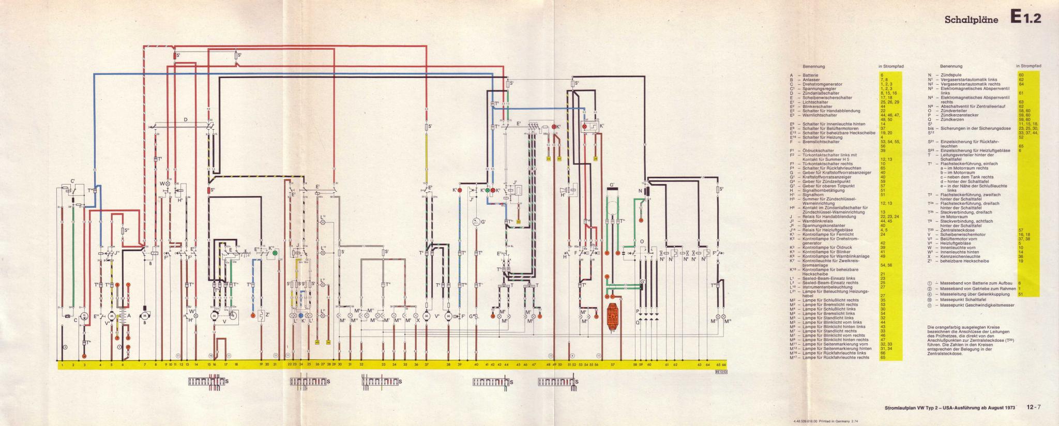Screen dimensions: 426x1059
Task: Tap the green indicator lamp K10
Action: coord(275,253)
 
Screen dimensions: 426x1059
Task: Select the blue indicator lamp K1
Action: coord(300,315)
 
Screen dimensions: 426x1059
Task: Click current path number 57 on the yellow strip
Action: coord(613,365)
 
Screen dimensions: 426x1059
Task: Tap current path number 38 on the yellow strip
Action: coord(448,365)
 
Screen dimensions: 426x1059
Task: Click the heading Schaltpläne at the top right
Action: coord(971,20)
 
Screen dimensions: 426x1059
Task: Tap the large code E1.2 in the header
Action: coord(1026,19)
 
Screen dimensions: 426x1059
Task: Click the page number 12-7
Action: coord(1030,407)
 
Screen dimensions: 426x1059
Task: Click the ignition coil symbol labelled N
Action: coord(646,193)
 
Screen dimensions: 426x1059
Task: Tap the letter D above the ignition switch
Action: coord(184,120)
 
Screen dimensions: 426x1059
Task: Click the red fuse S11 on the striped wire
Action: coord(210,191)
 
